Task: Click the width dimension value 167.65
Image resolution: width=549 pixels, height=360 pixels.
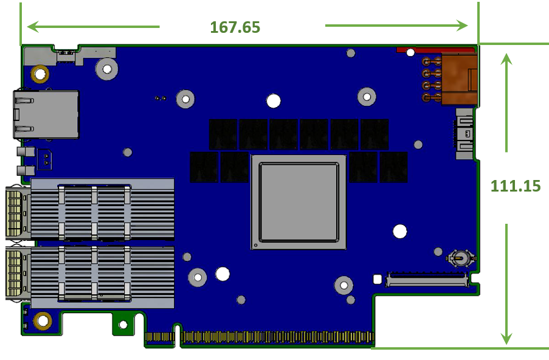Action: (235, 27)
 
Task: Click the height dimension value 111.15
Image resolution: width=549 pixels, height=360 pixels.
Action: (516, 186)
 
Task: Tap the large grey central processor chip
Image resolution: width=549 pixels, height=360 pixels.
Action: (299, 202)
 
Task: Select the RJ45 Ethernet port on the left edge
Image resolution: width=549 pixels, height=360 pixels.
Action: (46, 114)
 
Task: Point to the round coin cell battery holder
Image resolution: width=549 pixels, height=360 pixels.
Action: (461, 259)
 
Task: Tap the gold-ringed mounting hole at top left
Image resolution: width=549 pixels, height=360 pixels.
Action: (40, 74)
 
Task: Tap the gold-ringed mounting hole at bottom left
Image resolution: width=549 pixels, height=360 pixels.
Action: (43, 320)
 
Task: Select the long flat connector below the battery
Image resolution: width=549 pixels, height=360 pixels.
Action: (427, 279)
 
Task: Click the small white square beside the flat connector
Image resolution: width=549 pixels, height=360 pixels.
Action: (377, 279)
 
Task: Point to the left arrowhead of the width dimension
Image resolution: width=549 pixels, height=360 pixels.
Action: (33, 27)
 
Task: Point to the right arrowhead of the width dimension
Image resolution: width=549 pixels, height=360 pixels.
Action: (462, 26)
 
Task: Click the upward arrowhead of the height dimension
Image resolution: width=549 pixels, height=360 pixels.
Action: (506, 58)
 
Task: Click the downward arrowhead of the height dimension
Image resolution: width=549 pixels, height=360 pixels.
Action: (506, 338)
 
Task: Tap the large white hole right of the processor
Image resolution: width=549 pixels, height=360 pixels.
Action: (400, 232)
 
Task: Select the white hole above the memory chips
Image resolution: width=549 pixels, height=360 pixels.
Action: (274, 101)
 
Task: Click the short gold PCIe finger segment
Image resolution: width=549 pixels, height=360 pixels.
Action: (159, 337)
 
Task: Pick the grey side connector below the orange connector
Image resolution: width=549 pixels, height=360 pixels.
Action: (464, 134)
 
